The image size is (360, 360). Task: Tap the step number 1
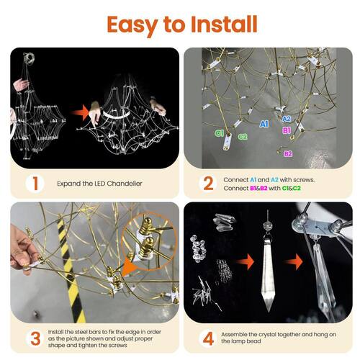(x=35, y=184)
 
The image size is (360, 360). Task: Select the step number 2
(x=208, y=184)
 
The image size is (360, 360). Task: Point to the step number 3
(x=35, y=338)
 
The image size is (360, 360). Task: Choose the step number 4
(x=208, y=338)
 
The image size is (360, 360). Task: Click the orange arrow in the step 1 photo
(x=81, y=112)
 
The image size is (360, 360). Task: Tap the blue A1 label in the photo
(x=264, y=124)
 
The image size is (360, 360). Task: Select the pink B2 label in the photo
(x=288, y=153)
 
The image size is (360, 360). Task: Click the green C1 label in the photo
(x=219, y=133)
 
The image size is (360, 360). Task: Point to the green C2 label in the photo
(x=243, y=137)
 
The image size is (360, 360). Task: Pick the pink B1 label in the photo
(x=287, y=130)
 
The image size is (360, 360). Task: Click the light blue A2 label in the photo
(x=287, y=119)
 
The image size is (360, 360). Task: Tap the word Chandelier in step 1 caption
(x=125, y=184)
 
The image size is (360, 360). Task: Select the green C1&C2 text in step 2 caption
(x=291, y=188)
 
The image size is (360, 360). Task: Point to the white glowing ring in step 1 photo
(x=117, y=113)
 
